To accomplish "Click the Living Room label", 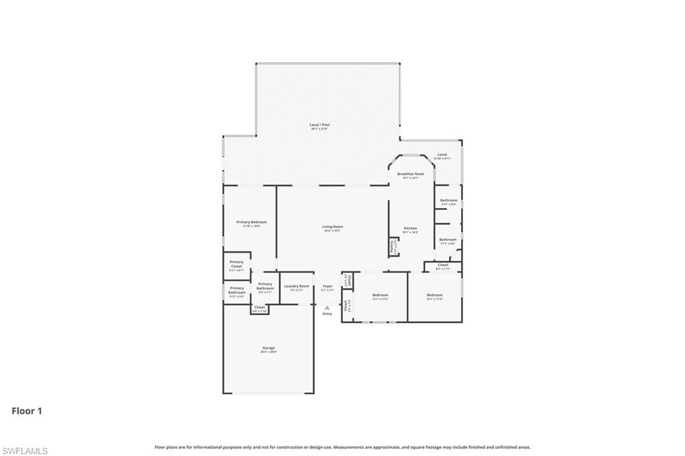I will [x=332, y=227].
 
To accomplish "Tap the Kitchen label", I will [x=410, y=229].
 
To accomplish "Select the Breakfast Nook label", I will [x=410, y=174].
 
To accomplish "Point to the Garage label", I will [x=268, y=348].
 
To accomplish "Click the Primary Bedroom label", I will [x=251, y=222].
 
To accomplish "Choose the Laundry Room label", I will [x=296, y=286].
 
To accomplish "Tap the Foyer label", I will [x=327, y=286].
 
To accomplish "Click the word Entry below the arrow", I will [x=327, y=314].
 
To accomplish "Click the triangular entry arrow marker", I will [x=327, y=307].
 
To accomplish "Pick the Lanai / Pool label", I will [x=320, y=124].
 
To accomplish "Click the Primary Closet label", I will [x=236, y=264].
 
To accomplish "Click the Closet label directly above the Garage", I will [x=260, y=308].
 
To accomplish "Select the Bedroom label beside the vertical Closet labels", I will [x=380, y=295].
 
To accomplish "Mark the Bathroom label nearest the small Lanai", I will [x=448, y=201].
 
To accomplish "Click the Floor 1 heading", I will [x=27, y=411].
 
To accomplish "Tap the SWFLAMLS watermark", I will [x=25, y=451].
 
